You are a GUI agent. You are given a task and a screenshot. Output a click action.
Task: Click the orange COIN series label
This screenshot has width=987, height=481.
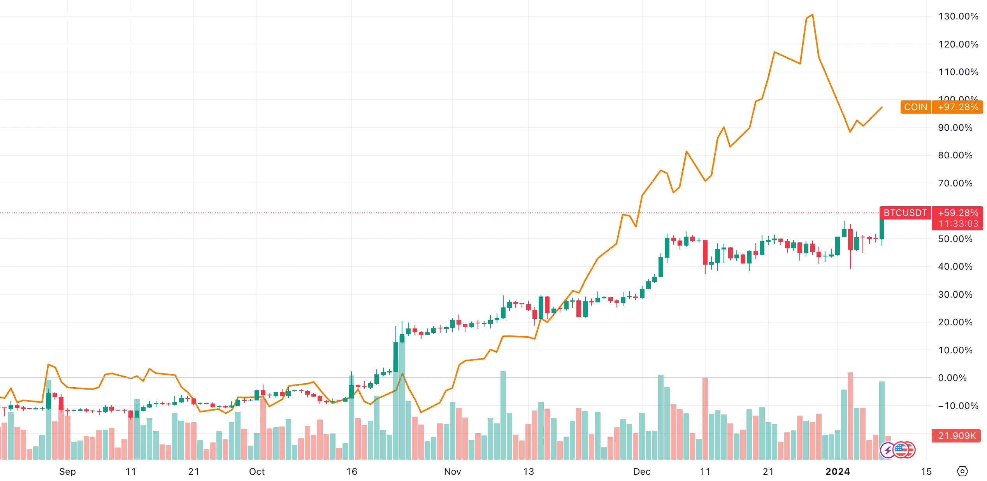tap(915, 107)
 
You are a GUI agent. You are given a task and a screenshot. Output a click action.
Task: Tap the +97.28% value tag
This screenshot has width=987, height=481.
tap(958, 107)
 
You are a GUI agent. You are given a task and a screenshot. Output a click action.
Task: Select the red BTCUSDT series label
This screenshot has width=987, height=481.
tap(905, 213)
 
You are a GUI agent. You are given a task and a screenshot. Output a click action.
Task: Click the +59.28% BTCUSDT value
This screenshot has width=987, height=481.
tap(958, 213)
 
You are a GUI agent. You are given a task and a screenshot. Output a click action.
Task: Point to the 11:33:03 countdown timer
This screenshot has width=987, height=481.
tap(958, 224)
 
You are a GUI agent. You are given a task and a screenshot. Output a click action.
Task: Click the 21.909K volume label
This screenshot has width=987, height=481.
tap(957, 436)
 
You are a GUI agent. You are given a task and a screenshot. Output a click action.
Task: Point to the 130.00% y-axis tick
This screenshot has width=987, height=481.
tap(958, 16)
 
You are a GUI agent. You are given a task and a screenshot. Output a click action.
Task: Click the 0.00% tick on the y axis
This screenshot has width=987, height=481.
tap(952, 378)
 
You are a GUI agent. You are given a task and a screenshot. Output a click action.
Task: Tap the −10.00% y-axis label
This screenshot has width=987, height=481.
tap(958, 406)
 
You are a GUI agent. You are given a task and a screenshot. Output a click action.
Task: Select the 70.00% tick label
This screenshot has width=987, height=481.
tap(955, 183)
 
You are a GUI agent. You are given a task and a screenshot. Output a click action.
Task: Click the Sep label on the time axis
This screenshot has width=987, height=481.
tap(67, 472)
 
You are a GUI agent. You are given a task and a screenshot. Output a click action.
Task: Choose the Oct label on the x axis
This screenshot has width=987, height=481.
tap(257, 472)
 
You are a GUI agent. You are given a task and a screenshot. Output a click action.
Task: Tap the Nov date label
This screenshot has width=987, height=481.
tap(452, 472)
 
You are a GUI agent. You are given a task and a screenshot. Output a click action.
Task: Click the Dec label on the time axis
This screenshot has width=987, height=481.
tap(642, 472)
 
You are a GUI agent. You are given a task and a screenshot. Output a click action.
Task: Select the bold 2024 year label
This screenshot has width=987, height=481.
tap(838, 472)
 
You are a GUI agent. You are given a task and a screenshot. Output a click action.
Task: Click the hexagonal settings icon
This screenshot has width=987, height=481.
tap(962, 472)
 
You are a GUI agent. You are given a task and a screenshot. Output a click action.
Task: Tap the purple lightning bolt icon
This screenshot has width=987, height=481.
tap(888, 451)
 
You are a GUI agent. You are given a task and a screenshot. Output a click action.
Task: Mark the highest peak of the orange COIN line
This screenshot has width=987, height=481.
tap(812, 15)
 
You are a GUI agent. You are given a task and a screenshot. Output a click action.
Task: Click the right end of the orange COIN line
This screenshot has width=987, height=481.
tap(882, 107)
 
